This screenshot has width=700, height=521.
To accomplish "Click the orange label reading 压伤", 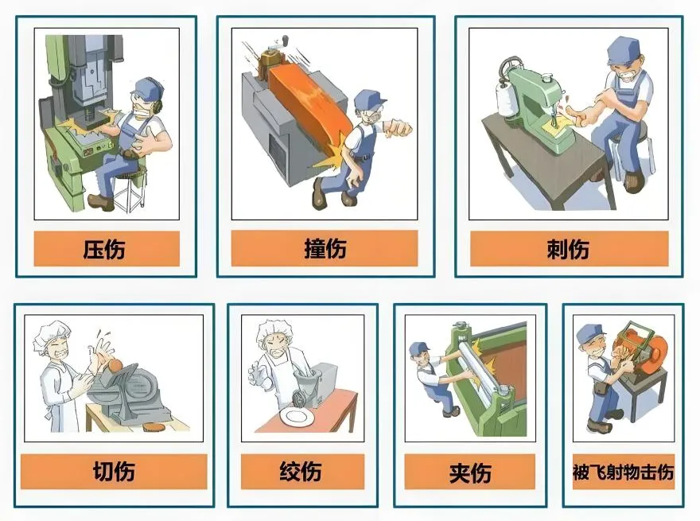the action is coord(107,249).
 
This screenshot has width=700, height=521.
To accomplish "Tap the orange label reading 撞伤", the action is coord(325,249).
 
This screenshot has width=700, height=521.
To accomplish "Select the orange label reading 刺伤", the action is coord(569,249).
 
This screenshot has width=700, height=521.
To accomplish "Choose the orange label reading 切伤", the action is coord(114,472).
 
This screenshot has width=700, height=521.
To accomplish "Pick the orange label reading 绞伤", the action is coord(303,472).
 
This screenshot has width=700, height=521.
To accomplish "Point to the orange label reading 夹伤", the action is coord(469,472).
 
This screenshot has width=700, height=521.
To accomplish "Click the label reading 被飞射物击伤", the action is coord(623,472).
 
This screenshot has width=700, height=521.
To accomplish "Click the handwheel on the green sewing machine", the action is coord(509,68).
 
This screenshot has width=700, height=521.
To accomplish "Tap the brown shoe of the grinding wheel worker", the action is coord(600,427).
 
